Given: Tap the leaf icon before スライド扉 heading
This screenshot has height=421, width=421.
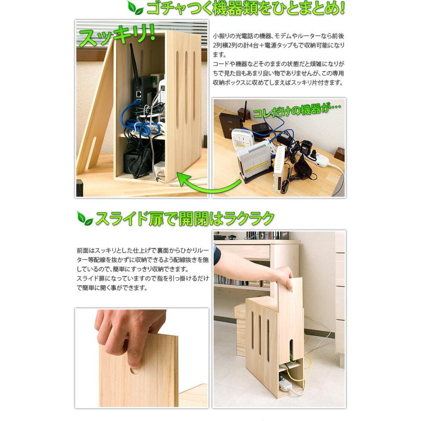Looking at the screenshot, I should (x=85, y=219).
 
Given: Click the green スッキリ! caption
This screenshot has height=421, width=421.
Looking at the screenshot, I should (x=117, y=36).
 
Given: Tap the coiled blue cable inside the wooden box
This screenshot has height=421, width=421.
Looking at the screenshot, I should (x=136, y=123).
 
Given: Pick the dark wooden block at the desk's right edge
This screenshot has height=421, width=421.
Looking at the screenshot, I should (x=339, y=154).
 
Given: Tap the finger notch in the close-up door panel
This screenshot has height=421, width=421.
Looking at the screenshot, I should (x=134, y=370).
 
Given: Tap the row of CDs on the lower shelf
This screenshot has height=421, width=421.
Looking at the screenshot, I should (x=232, y=280).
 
